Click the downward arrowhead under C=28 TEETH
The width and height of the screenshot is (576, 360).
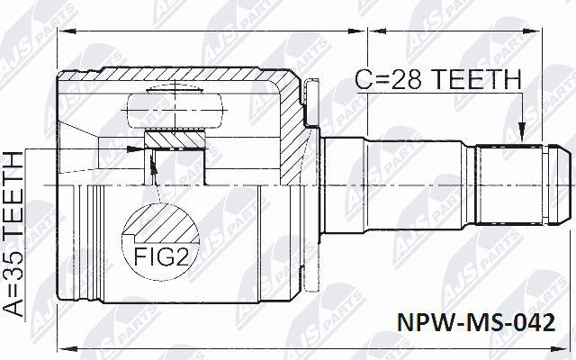pyautogui.click(x=521, y=135)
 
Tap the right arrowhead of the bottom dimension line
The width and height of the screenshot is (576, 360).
pyautogui.click(x=563, y=347)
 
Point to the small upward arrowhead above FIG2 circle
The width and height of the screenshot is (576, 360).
pyautogui.click(x=155, y=164)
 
